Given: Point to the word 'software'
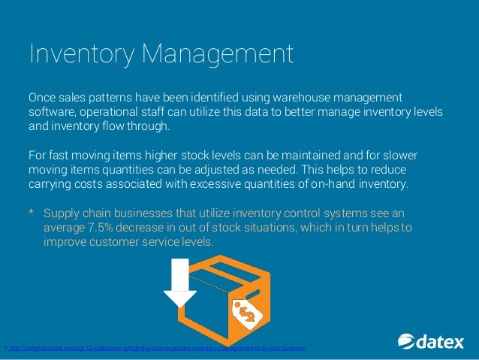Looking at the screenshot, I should pyautogui.click(x=53, y=111).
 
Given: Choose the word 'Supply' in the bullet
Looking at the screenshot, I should pyautogui.click(x=62, y=213).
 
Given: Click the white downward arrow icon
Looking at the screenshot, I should pyautogui.click(x=180, y=283).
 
